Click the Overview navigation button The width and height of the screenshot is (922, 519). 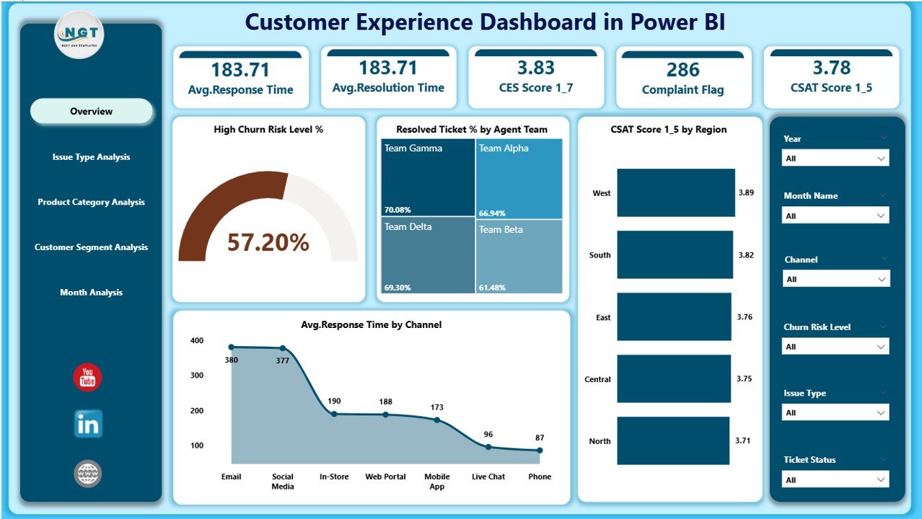[x=92, y=111]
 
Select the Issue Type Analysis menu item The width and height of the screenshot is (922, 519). [x=92, y=157]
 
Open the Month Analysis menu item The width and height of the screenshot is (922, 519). [x=92, y=293]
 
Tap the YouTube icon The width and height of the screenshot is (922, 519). [x=87, y=378]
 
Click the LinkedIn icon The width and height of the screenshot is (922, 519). [x=88, y=424]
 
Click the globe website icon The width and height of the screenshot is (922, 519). [x=88, y=474]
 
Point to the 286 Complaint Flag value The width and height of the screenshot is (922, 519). [x=682, y=70]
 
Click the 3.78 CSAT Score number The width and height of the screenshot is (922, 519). [x=832, y=68]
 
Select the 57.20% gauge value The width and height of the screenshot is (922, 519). [x=268, y=242]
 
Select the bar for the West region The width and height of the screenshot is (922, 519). [x=675, y=193]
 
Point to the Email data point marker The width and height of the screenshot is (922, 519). [x=232, y=347]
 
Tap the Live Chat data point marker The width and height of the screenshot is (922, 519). [x=488, y=447]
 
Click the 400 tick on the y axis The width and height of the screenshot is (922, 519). [x=197, y=340]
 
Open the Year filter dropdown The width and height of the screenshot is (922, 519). [x=835, y=159]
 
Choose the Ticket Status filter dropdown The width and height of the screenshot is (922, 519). [x=835, y=480]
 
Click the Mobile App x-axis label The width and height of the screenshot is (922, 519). [x=437, y=482]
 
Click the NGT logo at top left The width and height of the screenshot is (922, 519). [x=79, y=35]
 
